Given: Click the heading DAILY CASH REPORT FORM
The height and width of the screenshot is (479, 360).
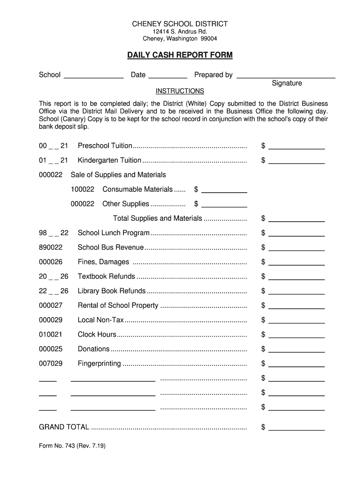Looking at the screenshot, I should coord(180,55).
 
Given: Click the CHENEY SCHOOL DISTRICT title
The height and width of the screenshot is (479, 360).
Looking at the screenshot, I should coord(180,23).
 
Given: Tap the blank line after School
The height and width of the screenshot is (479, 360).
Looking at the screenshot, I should coord(94,76).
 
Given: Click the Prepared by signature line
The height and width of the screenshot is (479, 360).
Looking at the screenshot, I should coord(286,76).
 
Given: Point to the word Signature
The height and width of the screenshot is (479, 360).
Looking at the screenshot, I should coord(287,83).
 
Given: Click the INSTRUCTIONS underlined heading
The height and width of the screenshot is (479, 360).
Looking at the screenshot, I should coord(180,91).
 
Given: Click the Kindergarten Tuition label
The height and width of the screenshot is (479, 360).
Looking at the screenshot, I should coord(109,160).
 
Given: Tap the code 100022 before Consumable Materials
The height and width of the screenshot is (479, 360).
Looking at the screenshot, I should coord(83,189).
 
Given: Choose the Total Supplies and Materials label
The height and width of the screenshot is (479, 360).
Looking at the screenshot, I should coord(158,218).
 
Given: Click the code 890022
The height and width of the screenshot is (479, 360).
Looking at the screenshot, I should coord(50,247).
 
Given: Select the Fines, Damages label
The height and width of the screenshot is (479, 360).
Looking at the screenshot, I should coord(103,262).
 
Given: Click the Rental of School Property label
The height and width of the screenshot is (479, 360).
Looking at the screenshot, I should coord(118,305).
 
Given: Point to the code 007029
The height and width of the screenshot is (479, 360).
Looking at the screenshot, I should coord(50,363).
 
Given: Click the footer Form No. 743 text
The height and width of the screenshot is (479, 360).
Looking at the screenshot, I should coord(72,446).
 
